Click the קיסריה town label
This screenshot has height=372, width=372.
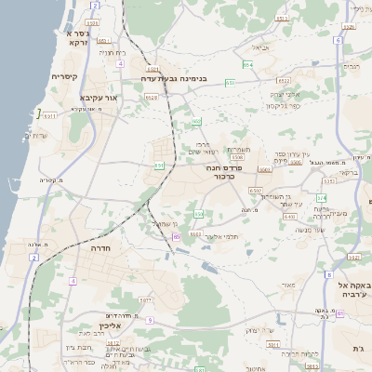click(63, 76)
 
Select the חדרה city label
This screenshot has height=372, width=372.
click(101, 248)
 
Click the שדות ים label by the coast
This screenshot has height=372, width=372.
click(36, 136)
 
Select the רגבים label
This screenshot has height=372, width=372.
click(351, 67)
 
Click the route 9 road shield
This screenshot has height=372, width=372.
click(149, 320)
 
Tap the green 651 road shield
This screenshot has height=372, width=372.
click(159, 166)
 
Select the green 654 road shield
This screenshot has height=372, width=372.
click(247, 65)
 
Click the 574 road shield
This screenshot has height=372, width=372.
click(321, 198)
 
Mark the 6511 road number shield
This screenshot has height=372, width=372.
click(50, 116)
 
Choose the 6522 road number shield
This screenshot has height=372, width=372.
click(195, 233)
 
